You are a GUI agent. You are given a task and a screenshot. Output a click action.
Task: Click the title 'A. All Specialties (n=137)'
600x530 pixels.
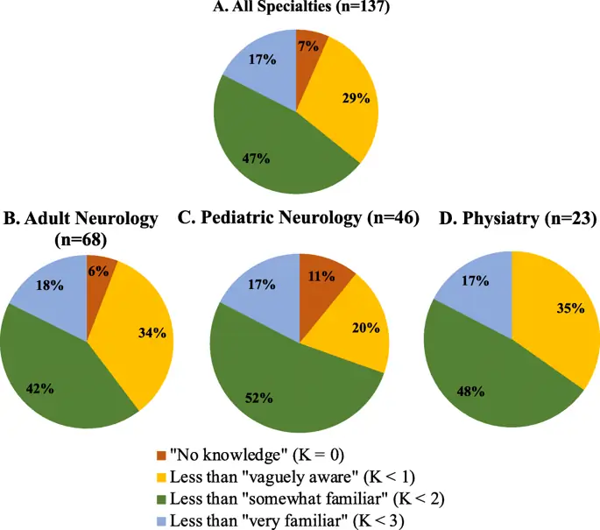click(300, 8)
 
